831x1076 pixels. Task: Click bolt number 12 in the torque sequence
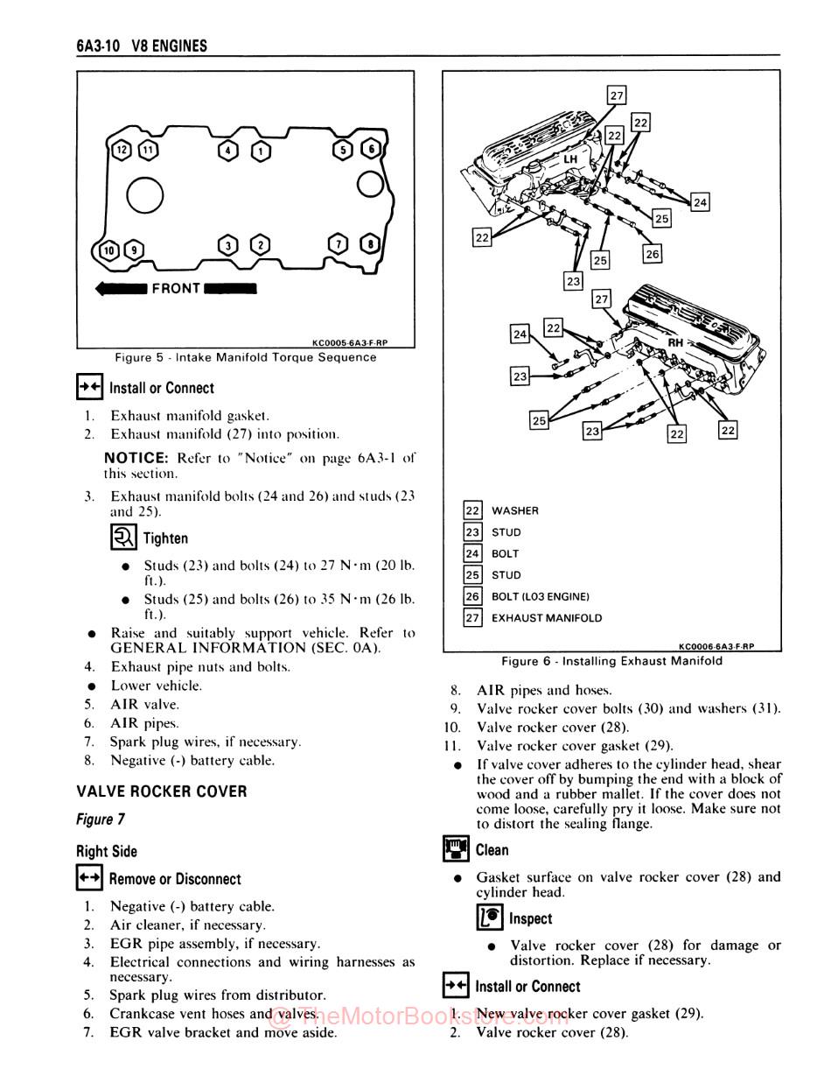pyautogui.click(x=122, y=150)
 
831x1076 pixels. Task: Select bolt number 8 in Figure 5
pyautogui.click(x=372, y=244)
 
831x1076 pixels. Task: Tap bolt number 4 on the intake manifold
pyautogui.click(x=229, y=151)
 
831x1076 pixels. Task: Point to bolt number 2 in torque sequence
pyautogui.click(x=260, y=245)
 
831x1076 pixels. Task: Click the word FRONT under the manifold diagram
pyautogui.click(x=176, y=288)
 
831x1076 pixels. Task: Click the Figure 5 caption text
pyautogui.click(x=246, y=357)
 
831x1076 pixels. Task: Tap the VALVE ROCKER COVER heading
pyautogui.click(x=162, y=791)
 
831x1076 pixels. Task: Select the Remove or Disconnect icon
pyautogui.click(x=89, y=878)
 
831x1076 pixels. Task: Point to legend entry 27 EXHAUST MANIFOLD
pyautogui.click(x=546, y=618)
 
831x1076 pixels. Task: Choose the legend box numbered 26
pyautogui.click(x=472, y=596)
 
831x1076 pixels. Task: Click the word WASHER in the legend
pyautogui.click(x=515, y=510)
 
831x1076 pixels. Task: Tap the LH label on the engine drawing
pyautogui.click(x=569, y=159)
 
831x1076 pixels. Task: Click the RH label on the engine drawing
pyautogui.click(x=675, y=343)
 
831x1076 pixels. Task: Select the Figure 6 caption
pyautogui.click(x=611, y=661)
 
